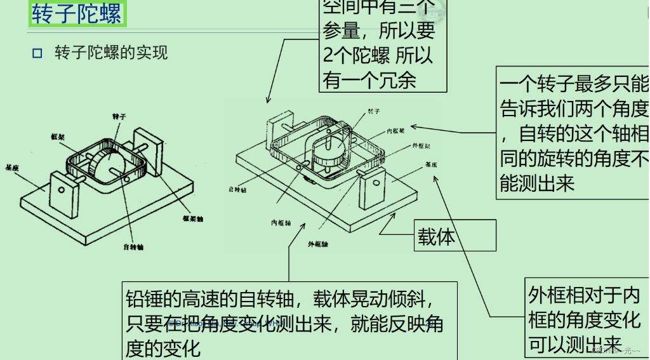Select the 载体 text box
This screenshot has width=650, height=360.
437,237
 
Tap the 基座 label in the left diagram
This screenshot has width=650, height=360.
11,169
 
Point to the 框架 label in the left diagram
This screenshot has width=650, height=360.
58,137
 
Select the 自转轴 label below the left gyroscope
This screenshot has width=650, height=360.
133,246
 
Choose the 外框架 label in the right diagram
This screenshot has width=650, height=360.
422,145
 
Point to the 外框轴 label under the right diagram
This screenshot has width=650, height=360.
317,244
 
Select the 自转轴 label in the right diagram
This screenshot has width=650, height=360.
237,189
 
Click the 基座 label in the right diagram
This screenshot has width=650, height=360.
431,164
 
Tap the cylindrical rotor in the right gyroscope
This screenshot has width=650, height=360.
330,153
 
